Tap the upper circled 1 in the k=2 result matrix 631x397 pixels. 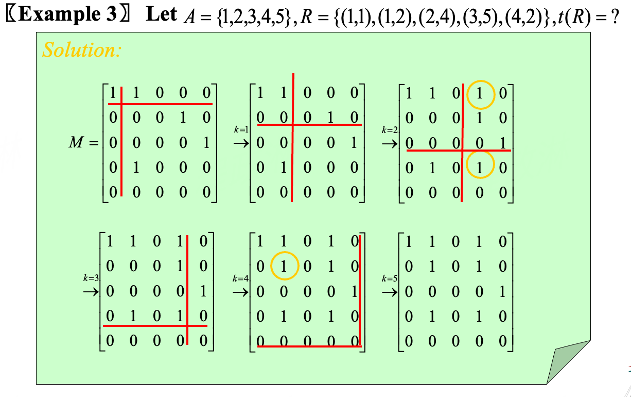pyautogui.click(x=480, y=94)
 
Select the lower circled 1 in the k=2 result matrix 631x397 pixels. pyautogui.click(x=480, y=167)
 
